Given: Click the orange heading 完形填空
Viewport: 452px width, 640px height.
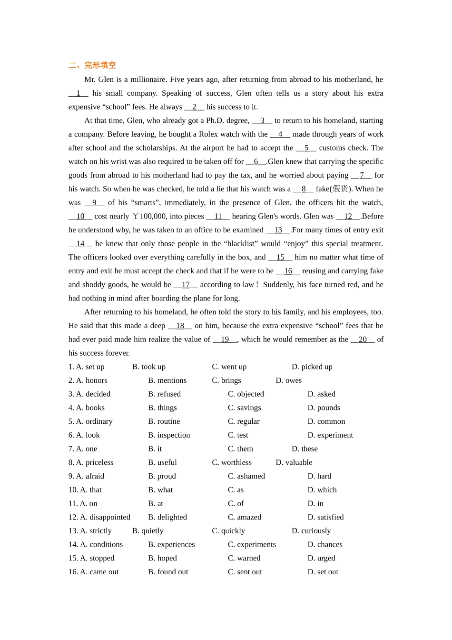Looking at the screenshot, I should coord(92,65).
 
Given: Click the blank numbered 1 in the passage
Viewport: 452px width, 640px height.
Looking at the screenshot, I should coord(79,93).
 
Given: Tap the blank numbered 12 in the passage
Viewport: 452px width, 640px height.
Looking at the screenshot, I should coord(348,216).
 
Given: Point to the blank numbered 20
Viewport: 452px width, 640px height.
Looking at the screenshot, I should coord(363,340).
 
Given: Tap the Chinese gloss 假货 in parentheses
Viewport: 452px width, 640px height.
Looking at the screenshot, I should coord(340,189).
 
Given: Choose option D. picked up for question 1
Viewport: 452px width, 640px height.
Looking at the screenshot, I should coord(312,367).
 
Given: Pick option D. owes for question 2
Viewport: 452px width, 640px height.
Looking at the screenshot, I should coord(288,380).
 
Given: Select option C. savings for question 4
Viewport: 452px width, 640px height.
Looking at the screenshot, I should coord(244,408).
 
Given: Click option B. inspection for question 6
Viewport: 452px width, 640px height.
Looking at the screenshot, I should coord(169,435).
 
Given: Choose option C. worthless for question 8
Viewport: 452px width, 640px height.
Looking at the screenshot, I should coord(232,462).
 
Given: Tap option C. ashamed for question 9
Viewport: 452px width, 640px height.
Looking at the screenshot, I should coord(246,476).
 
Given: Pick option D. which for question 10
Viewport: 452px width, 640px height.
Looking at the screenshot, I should coord(322,490).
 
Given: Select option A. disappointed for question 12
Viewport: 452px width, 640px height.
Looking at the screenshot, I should coord(99,517).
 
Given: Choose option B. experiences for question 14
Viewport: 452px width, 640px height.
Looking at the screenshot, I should coord(171,545).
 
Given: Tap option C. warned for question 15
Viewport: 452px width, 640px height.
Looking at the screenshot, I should coord(244,558).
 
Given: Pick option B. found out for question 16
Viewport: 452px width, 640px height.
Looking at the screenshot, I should coord(168,572).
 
